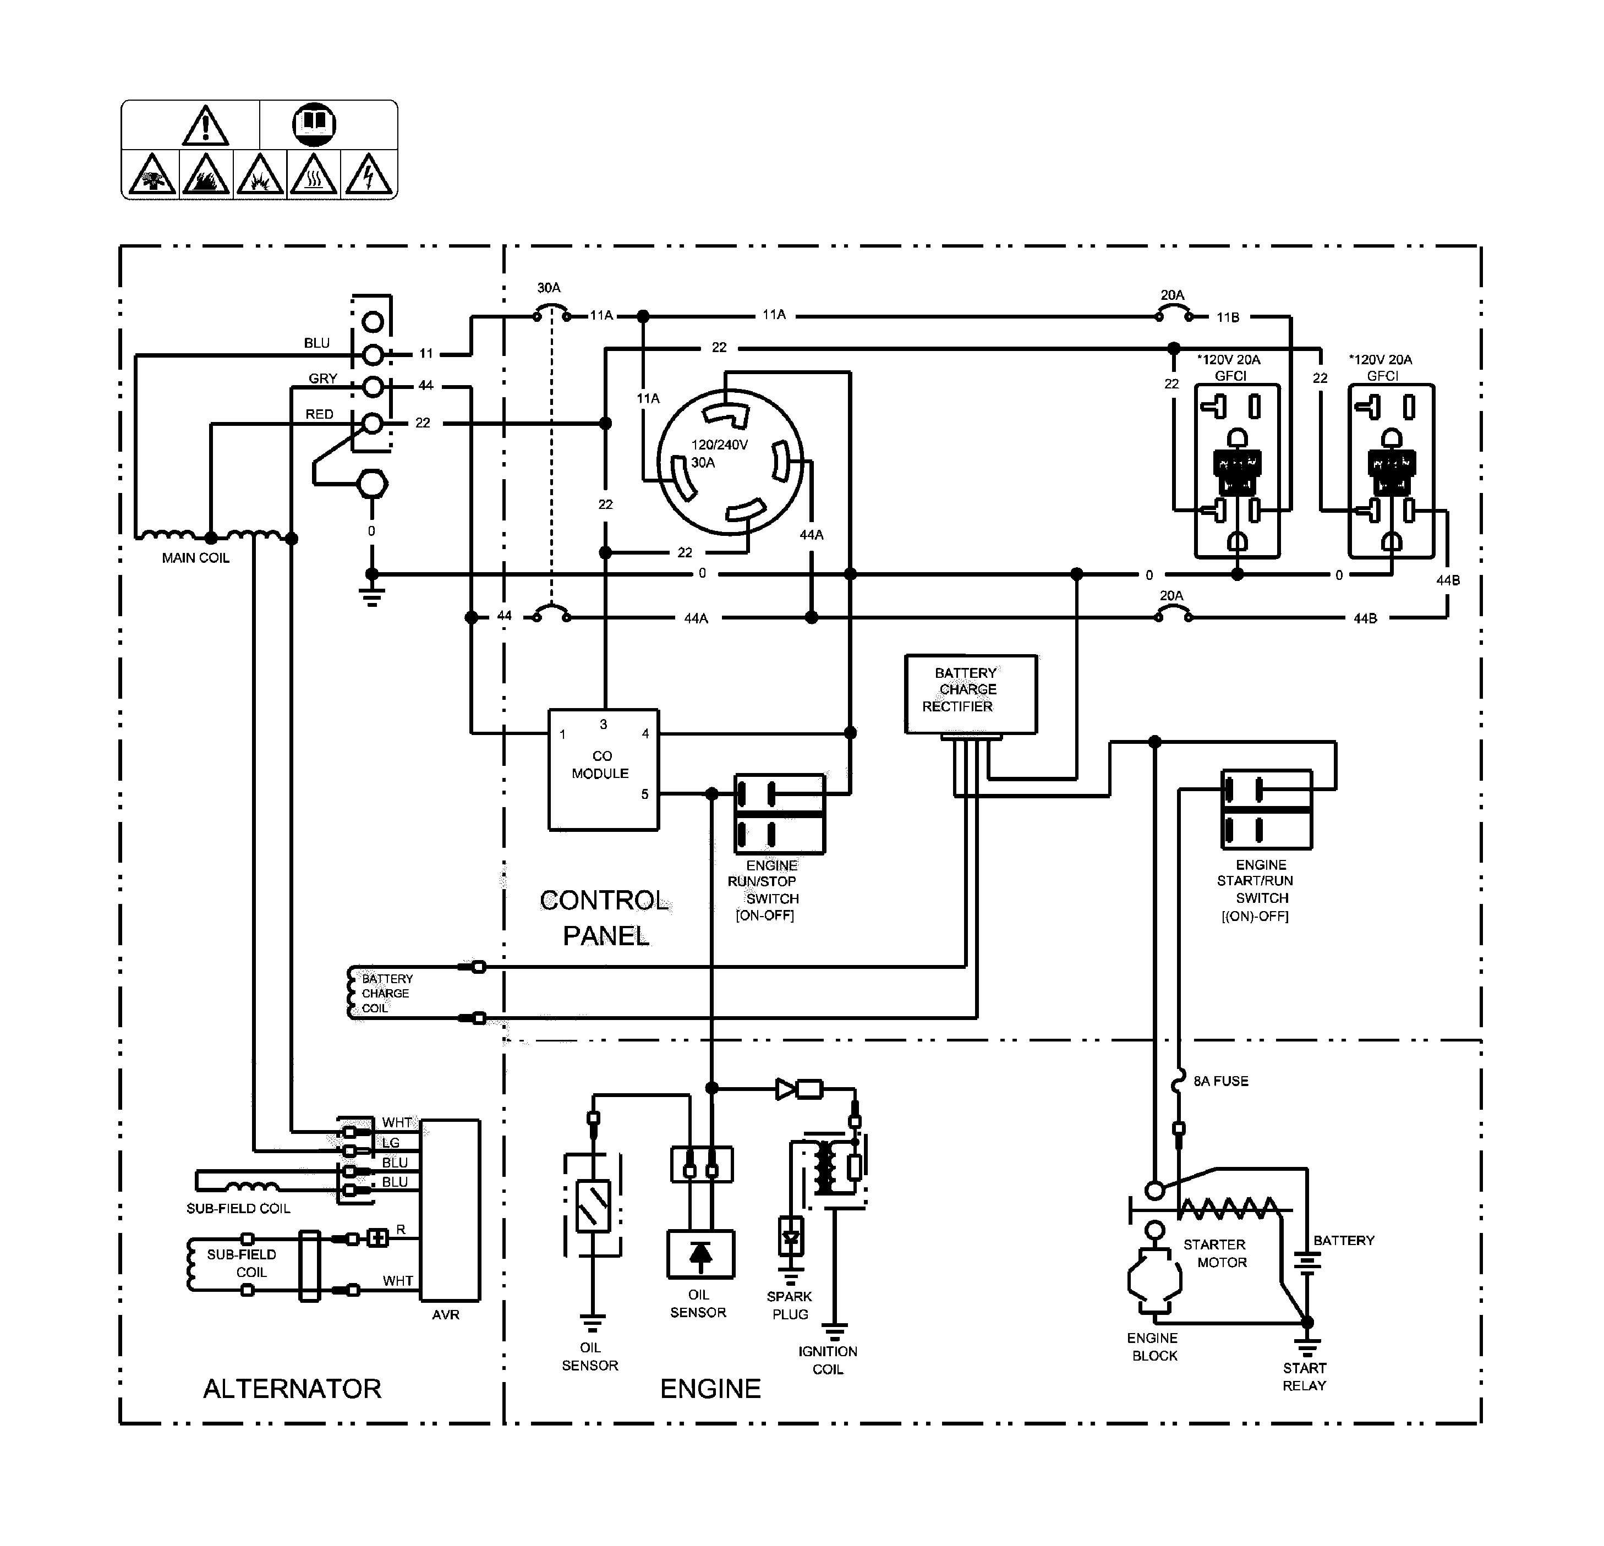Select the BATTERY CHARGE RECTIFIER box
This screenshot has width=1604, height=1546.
point(971,694)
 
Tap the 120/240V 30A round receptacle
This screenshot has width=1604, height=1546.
point(730,462)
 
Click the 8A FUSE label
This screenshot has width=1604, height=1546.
point(1220,1081)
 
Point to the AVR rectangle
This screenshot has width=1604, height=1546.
point(450,1210)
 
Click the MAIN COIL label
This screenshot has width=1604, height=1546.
point(195,558)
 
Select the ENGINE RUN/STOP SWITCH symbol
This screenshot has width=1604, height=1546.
point(779,814)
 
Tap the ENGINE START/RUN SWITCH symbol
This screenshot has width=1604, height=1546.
point(1266,809)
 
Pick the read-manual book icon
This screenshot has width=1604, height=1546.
point(314,124)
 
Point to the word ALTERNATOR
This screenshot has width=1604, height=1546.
point(292,1389)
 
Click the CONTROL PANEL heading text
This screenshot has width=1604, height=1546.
point(605,918)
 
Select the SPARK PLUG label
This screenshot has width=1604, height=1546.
point(789,1306)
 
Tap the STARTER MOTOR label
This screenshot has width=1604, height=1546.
point(1216,1253)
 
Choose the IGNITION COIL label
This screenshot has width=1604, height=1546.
point(828,1360)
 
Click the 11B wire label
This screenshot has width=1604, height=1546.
point(1228,317)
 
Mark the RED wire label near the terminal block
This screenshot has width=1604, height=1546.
point(319,414)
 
